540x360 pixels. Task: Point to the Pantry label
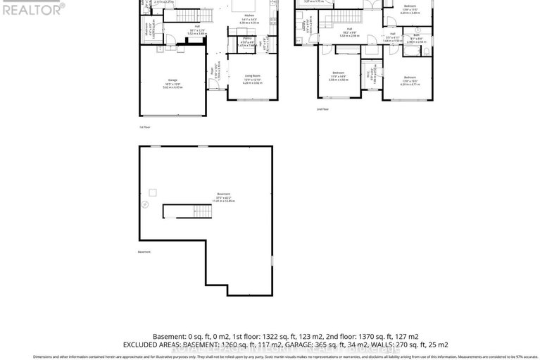pyautogui.click(x=247, y=38)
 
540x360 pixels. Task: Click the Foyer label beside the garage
pyautogui.click(x=212, y=70)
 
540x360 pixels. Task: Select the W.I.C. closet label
pyautogui.click(x=369, y=71)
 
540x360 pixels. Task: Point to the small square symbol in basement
pyautogui.click(x=152, y=191)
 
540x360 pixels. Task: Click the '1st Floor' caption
pyautogui.click(x=144, y=127)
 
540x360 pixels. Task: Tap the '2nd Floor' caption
pyautogui.click(x=322, y=109)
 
